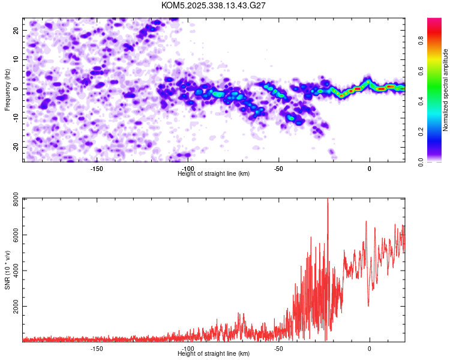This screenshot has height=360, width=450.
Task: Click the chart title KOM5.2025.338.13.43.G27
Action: click(214, 5)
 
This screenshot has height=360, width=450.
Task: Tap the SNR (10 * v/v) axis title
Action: click(7, 270)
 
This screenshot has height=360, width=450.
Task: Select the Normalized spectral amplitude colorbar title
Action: click(446, 90)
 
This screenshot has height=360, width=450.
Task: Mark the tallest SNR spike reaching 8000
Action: click(328, 200)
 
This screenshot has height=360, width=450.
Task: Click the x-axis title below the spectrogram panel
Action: click(214, 173)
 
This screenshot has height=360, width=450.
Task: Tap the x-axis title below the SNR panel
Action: click(214, 353)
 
